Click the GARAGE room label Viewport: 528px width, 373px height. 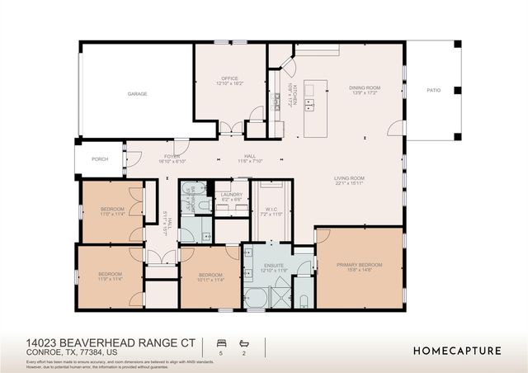pyautogui.click(x=137, y=94)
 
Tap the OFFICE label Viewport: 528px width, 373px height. pyautogui.click(x=229, y=79)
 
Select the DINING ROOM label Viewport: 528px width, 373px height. pyautogui.click(x=364, y=87)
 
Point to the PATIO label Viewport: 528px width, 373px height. pyautogui.click(x=433, y=91)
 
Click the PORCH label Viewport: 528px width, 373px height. pyautogui.click(x=100, y=159)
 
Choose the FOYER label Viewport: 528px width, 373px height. pyautogui.click(x=172, y=156)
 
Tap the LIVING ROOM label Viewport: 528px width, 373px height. pyautogui.click(x=349, y=178)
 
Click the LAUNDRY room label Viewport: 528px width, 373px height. pyautogui.click(x=231, y=194)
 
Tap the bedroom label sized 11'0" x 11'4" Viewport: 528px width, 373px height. pyautogui.click(x=112, y=210)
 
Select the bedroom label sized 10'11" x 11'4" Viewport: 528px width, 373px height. pyautogui.click(x=210, y=276)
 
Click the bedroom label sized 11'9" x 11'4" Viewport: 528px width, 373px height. pyautogui.click(x=110, y=274)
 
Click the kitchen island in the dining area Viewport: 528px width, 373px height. pyautogui.click(x=315, y=108)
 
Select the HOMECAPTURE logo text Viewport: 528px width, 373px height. pyautogui.click(x=457, y=351)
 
